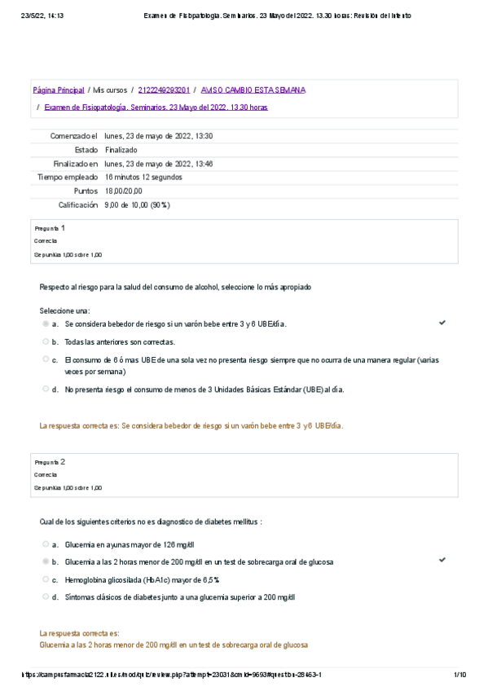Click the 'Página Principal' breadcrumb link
pyautogui.click(x=58, y=90)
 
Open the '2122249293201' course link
pyautogui.click(x=164, y=90)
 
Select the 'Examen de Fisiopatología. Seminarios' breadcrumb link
pyautogui.click(x=156, y=107)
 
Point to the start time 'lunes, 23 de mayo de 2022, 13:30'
pyautogui.click(x=159, y=136)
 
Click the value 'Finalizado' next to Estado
pyautogui.click(x=121, y=150)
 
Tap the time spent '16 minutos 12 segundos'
pyautogui.click(x=143, y=177)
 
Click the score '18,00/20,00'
pyautogui.click(x=124, y=191)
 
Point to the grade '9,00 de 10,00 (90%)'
pyautogui.click(x=137, y=205)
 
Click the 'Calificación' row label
pyautogui.click(x=77, y=205)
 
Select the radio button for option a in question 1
pyautogui.click(x=46, y=323)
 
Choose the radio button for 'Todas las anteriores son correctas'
pyautogui.click(x=46, y=341)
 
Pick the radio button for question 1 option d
pyautogui.click(x=46, y=389)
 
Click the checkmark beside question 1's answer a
pyautogui.click(x=442, y=323)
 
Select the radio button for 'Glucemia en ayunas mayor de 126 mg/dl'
pyautogui.click(x=46, y=544)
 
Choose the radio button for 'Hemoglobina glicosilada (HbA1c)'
pyautogui.click(x=46, y=579)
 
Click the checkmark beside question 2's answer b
pyautogui.click(x=442, y=561)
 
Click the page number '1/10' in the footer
pyautogui.click(x=459, y=675)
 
